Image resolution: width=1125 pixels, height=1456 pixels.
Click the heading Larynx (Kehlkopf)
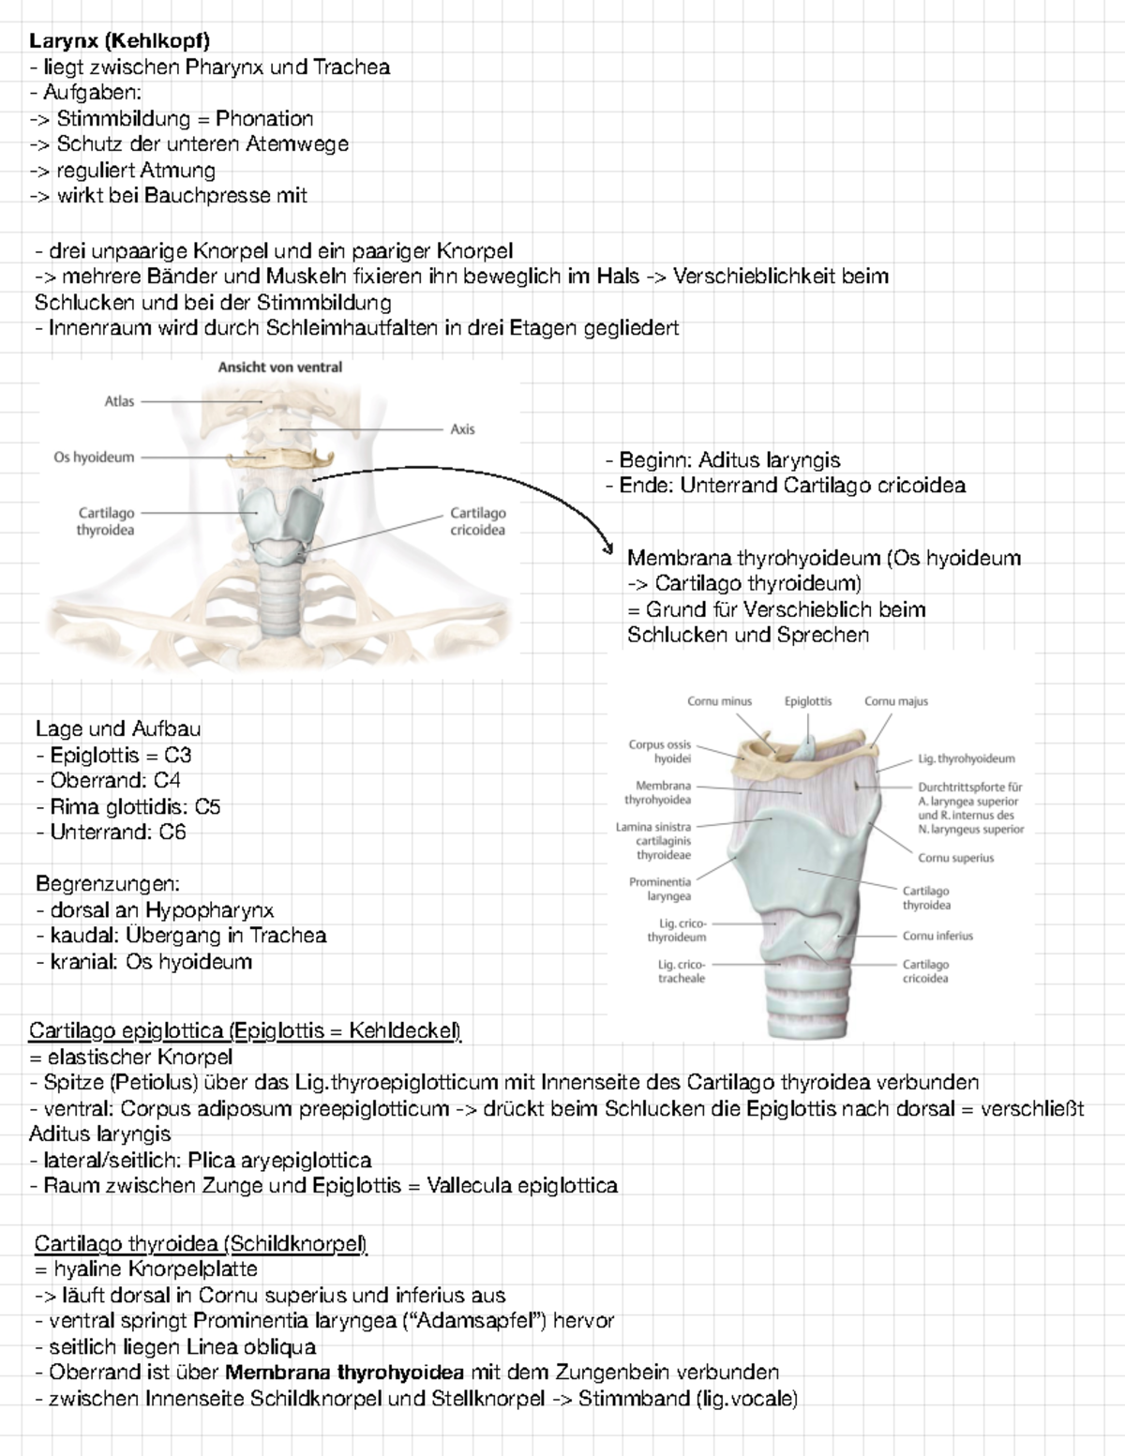click(x=119, y=40)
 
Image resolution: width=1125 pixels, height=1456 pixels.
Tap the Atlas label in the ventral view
click(x=119, y=401)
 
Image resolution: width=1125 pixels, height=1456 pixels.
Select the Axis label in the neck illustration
click(x=462, y=429)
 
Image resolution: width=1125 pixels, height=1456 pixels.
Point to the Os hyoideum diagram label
click(x=94, y=458)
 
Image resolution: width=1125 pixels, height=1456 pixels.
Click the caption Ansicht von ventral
click(x=280, y=368)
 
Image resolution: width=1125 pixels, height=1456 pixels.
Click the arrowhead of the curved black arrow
click(x=607, y=551)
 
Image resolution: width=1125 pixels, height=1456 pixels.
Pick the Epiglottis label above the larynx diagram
click(x=808, y=701)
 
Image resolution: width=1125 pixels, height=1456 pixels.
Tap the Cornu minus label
click(x=719, y=701)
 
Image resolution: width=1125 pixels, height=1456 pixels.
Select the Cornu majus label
click(x=895, y=701)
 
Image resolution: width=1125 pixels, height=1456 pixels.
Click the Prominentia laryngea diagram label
click(x=660, y=889)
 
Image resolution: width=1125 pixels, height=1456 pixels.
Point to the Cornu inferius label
click(x=937, y=936)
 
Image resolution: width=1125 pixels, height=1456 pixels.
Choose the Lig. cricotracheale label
click(x=681, y=971)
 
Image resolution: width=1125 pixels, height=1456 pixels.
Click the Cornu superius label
click(x=955, y=858)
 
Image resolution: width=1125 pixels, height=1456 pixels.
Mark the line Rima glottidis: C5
click(x=128, y=806)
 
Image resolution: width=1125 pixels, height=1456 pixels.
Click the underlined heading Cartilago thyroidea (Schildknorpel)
click(x=201, y=1244)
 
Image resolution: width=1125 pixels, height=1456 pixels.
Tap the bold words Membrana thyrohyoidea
click(x=344, y=1373)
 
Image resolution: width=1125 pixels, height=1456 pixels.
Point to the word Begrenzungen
click(x=107, y=884)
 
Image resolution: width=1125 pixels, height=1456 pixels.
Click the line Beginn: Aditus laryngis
click(x=723, y=460)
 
